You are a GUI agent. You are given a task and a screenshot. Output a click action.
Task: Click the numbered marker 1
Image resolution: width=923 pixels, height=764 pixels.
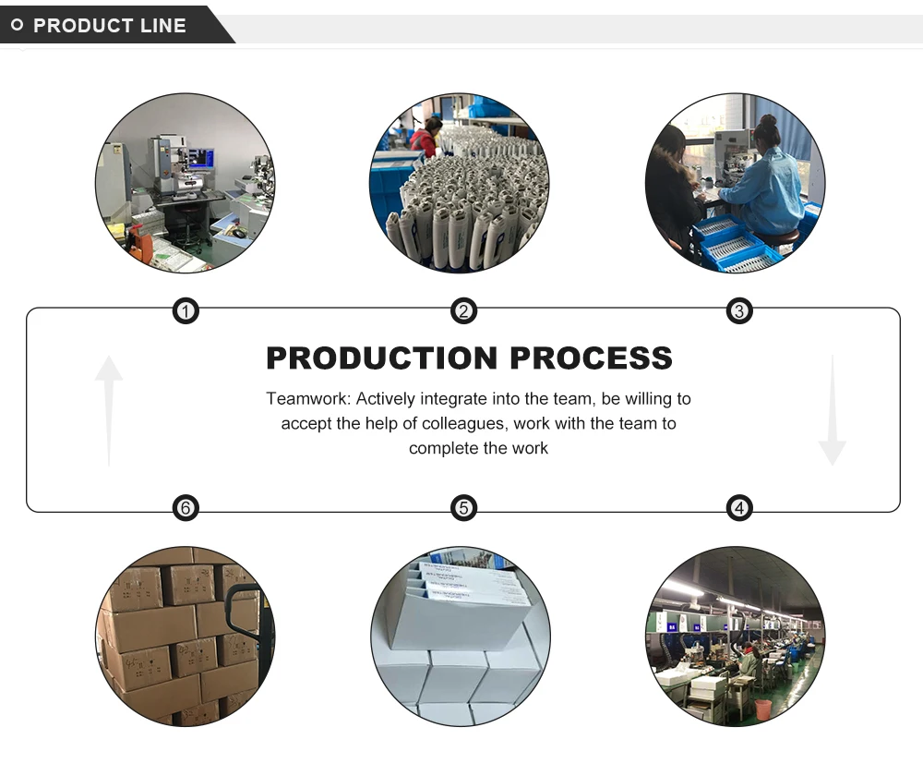click(x=186, y=311)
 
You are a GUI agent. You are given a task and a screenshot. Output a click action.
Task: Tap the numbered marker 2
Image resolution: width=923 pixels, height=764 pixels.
click(x=463, y=311)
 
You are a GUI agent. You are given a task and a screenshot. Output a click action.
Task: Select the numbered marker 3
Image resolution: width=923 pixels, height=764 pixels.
click(x=738, y=311)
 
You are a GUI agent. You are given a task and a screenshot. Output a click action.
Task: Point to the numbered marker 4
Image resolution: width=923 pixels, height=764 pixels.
click(x=738, y=507)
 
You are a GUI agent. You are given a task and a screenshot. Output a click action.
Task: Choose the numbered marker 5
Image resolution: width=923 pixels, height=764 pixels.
click(x=463, y=507)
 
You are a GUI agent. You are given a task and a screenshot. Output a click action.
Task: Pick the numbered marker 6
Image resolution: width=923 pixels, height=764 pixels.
click(x=186, y=507)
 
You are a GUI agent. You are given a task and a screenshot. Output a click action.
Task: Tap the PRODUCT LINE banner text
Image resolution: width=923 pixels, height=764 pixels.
click(x=110, y=26)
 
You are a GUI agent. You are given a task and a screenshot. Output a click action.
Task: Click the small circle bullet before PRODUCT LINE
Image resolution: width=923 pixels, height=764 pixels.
click(x=17, y=25)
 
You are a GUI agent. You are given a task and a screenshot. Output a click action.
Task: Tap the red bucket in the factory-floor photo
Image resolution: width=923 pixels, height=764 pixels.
click(x=762, y=709)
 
